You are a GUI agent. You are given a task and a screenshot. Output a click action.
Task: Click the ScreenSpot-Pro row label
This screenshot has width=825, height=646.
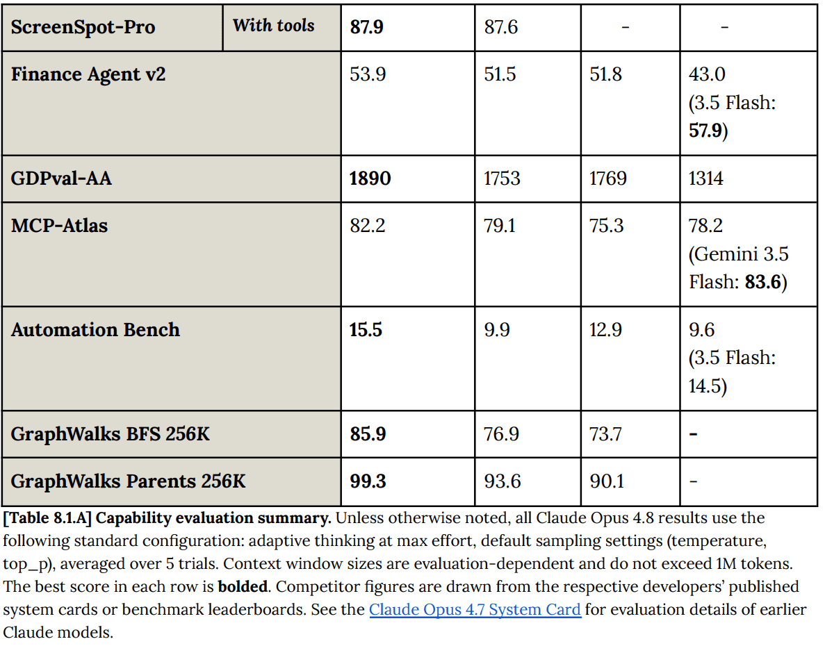click(83, 27)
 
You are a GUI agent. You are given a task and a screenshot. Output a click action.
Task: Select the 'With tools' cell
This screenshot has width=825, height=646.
click(274, 25)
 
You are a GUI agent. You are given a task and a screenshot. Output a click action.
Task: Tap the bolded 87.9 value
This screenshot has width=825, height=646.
click(367, 27)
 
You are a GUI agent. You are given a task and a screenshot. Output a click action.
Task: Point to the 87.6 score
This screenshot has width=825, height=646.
click(501, 27)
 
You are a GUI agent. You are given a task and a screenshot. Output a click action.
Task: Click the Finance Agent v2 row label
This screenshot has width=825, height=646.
click(88, 74)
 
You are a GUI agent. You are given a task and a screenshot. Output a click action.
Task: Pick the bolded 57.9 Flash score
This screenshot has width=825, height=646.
click(705, 131)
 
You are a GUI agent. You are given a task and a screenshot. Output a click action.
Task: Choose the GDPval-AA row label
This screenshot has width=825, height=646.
click(61, 179)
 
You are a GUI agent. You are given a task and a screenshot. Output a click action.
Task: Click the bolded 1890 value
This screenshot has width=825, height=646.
click(370, 179)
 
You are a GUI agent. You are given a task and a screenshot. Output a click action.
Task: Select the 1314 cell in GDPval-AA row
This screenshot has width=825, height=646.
click(705, 179)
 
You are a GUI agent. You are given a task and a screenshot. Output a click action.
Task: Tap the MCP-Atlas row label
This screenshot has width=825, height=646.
click(59, 226)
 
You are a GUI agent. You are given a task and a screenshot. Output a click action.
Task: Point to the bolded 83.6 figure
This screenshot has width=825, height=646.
click(763, 282)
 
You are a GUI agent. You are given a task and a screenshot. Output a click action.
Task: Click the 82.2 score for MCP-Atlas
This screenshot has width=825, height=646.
click(367, 226)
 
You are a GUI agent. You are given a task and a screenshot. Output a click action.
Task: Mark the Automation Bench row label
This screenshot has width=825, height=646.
click(95, 329)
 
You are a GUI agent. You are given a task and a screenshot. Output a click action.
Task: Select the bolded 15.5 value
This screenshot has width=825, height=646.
click(366, 330)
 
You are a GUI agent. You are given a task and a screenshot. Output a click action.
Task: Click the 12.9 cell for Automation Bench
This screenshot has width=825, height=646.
click(605, 330)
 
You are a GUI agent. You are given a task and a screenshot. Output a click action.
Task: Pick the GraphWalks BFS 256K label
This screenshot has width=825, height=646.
click(110, 434)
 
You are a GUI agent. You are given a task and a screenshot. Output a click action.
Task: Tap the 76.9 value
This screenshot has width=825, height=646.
click(501, 434)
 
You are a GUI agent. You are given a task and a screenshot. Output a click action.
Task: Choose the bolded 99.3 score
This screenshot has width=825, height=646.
click(368, 481)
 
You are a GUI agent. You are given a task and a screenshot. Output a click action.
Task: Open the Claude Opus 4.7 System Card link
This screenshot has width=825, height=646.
click(475, 610)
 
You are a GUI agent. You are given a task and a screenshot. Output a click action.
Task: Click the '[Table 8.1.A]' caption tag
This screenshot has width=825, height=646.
click(47, 518)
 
